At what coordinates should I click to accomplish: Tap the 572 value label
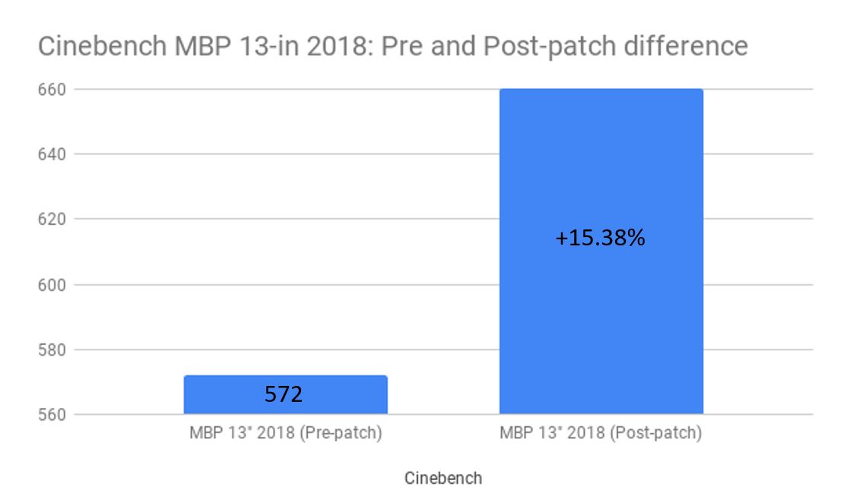[x=284, y=394]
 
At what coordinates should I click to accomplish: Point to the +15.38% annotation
[x=600, y=239]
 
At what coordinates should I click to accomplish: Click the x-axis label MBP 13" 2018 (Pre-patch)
[x=285, y=435]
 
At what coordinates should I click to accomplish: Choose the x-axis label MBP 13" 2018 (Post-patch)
[x=601, y=435]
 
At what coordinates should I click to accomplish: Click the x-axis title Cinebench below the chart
[x=443, y=479]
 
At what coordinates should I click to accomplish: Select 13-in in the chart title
[x=252, y=47]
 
